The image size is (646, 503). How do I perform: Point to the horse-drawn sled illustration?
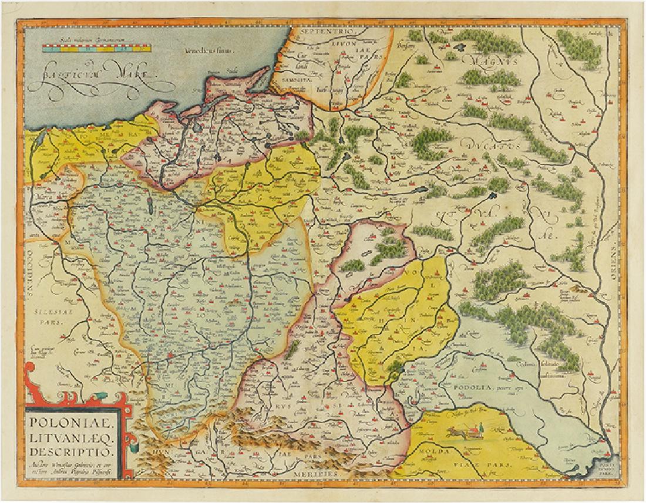pyautogui.click(x=464, y=433)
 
